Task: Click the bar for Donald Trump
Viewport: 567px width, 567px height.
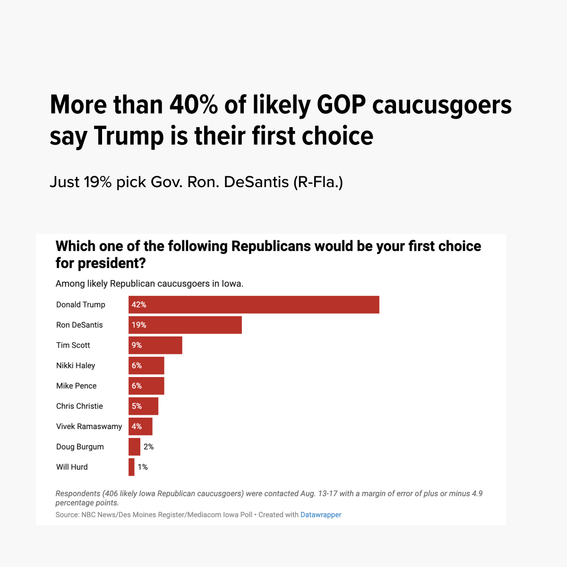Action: pyautogui.click(x=254, y=305)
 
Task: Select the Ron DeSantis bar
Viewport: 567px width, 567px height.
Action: pyautogui.click(x=185, y=325)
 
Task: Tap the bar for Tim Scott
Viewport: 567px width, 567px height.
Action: pyautogui.click(x=155, y=345)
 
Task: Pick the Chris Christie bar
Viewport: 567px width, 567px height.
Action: pyautogui.click(x=144, y=406)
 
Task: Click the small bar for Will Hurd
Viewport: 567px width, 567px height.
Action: pyautogui.click(x=131, y=467)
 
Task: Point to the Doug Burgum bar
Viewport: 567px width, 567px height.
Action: pyautogui.click(x=135, y=447)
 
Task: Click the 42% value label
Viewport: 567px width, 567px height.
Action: pyautogui.click(x=139, y=305)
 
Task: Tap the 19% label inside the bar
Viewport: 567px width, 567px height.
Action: pyautogui.click(x=139, y=325)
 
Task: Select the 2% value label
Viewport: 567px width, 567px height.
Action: pyautogui.click(x=148, y=447)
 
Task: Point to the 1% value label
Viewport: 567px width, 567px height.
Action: pyautogui.click(x=143, y=467)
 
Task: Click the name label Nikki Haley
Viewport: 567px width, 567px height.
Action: pyautogui.click(x=76, y=366)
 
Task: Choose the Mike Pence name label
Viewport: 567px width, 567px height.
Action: pyautogui.click(x=76, y=386)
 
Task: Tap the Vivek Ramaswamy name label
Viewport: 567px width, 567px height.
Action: pyautogui.click(x=89, y=427)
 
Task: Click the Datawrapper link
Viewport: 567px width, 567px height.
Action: pyautogui.click(x=321, y=515)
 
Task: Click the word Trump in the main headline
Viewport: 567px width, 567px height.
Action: pyautogui.click(x=129, y=136)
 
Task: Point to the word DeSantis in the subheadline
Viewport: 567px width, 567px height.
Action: pyautogui.click(x=256, y=182)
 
